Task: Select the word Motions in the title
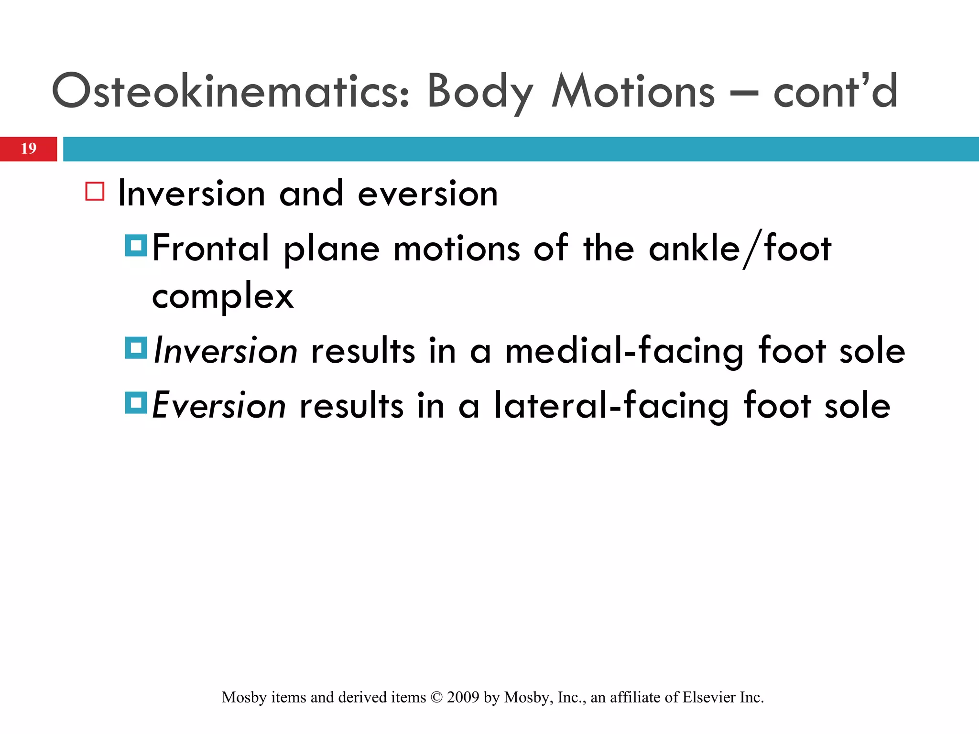coord(633,91)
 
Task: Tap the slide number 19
coord(28,149)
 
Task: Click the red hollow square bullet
coord(95,191)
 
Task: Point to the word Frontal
coord(211,248)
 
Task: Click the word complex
coord(223,296)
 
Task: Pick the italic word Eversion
coord(219,406)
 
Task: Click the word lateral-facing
coord(611,406)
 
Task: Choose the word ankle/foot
coord(740,248)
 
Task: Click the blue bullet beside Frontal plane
coord(136,245)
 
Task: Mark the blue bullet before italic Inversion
coord(136,348)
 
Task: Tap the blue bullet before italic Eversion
coord(136,402)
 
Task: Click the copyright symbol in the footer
coord(436,698)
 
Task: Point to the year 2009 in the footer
coord(463,698)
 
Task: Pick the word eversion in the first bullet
coord(428,194)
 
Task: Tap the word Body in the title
coord(479,91)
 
